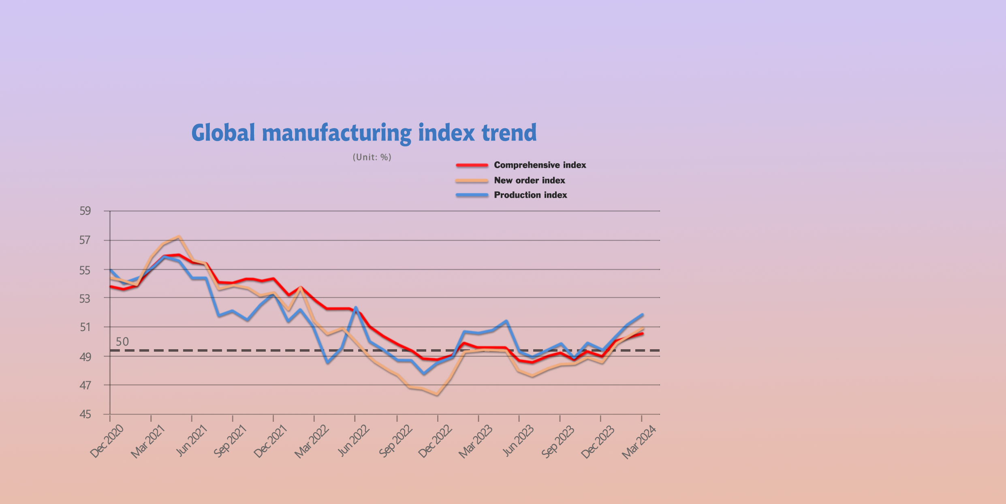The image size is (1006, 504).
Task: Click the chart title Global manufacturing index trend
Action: [x=364, y=133]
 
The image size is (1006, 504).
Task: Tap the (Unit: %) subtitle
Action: [x=372, y=157]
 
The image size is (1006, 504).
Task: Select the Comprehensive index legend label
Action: [x=540, y=165]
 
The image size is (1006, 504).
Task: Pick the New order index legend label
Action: [x=529, y=180]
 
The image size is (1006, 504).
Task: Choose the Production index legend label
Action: [x=530, y=195]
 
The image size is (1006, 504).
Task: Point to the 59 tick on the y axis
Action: [x=85, y=211]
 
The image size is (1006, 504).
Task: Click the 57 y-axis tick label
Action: [x=85, y=240]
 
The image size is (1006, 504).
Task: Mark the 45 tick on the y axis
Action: [x=85, y=414]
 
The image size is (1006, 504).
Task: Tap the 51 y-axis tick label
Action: [x=85, y=327]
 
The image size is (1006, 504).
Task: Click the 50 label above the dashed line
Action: [x=122, y=342]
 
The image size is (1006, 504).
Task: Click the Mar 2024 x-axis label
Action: [x=639, y=442]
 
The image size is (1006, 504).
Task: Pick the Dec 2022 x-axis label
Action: [x=435, y=442]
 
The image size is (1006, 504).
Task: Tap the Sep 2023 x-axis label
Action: [x=558, y=442]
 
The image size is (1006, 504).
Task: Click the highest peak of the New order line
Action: [x=179, y=237]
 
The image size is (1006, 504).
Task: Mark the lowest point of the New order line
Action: [x=437, y=394]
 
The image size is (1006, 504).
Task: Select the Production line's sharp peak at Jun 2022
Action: [x=356, y=308]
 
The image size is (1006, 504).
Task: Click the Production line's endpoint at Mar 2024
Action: [x=643, y=315]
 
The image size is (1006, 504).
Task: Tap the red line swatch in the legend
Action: [x=472, y=165]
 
